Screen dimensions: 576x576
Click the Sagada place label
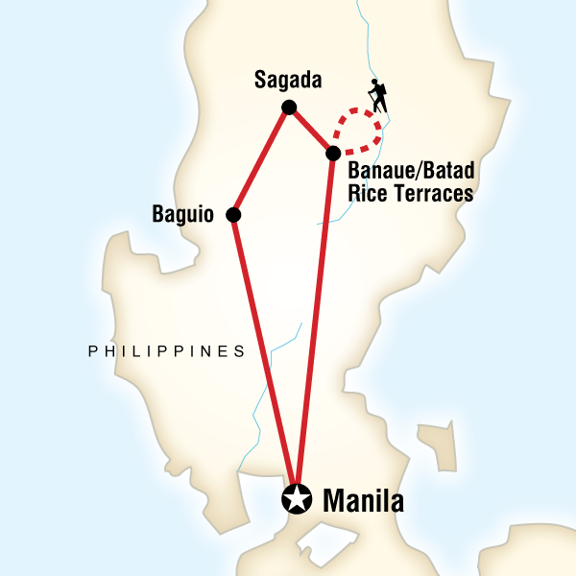point(287,81)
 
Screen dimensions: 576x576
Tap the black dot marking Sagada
point(287,107)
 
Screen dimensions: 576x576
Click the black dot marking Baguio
point(232,215)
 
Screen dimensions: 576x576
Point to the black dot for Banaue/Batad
point(332,154)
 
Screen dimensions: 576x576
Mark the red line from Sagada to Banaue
point(309,130)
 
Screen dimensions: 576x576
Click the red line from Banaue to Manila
point(315,326)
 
